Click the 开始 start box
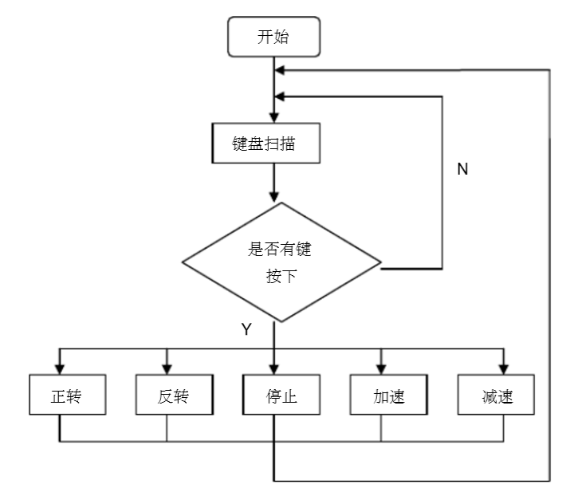[273, 37]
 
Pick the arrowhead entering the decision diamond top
[273, 197]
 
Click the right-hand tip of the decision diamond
[381, 269]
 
